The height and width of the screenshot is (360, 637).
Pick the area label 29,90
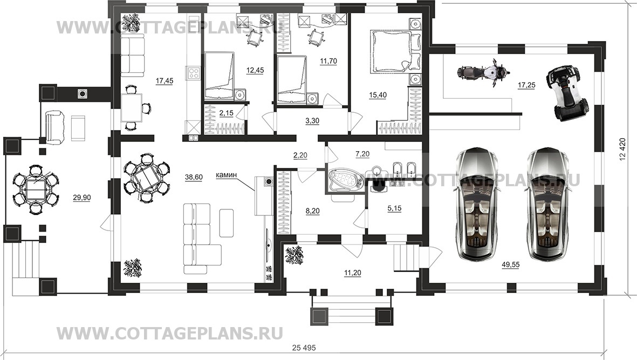pyautogui.click(x=82, y=198)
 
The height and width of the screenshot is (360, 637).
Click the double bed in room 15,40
pyautogui.click(x=393, y=51)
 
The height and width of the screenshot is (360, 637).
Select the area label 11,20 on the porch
pyautogui.click(x=352, y=273)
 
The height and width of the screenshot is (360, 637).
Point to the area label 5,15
pyautogui.click(x=395, y=208)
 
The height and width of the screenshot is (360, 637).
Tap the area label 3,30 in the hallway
pyautogui.click(x=312, y=122)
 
